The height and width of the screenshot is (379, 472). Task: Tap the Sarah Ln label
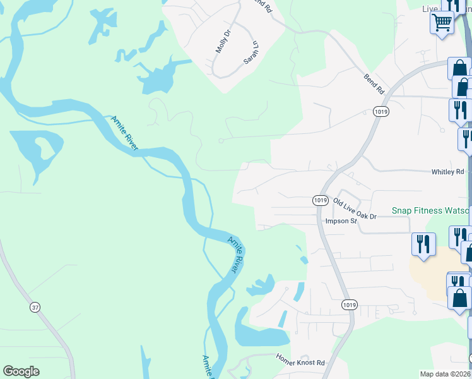[x=252, y=53]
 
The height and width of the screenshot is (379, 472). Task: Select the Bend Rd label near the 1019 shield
[x=374, y=84]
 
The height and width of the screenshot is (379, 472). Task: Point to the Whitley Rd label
[x=447, y=172]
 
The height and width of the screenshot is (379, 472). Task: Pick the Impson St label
[x=341, y=221]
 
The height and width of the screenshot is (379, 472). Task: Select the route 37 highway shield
[x=35, y=306]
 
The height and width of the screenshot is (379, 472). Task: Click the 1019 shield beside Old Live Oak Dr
[x=320, y=200]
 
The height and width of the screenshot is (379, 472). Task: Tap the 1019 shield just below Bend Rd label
[x=381, y=112]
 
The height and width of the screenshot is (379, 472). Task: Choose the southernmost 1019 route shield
[x=350, y=304]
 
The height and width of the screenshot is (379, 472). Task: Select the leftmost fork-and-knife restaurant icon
[x=423, y=243]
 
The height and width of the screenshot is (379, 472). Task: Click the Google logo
[x=21, y=371]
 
